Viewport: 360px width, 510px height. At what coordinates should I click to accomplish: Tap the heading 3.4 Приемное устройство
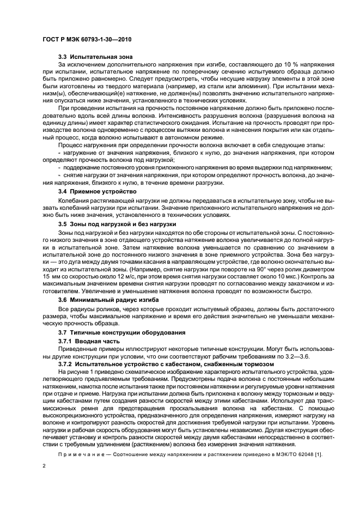[x=97, y=192]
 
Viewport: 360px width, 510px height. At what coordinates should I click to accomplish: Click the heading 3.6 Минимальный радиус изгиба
[x=108, y=300]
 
